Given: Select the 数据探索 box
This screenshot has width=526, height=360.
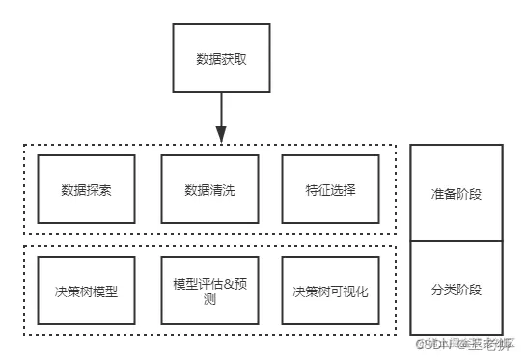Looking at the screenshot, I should (x=86, y=189).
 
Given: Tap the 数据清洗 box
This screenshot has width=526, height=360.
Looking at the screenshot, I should (x=208, y=189).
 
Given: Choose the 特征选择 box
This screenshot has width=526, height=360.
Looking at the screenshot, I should (x=330, y=189).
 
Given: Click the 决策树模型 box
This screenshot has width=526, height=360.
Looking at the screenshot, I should (x=86, y=291).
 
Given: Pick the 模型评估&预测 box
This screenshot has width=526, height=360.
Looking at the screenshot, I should (x=208, y=291).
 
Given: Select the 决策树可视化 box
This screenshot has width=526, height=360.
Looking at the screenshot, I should (x=330, y=291).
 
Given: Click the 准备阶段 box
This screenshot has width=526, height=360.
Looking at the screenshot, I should (x=456, y=194).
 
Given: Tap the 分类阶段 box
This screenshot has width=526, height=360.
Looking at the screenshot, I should (x=456, y=290).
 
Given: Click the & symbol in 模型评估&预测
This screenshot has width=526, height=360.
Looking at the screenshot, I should (x=226, y=283).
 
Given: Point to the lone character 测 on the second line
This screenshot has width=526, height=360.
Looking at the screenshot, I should (x=209, y=299).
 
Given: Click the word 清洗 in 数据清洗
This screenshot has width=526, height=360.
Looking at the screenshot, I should (x=222, y=189).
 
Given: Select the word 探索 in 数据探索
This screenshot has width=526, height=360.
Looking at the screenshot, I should (x=98, y=189).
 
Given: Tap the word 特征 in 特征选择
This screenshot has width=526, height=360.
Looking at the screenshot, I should (x=318, y=189).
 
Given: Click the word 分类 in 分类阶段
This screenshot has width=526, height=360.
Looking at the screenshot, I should (x=443, y=290).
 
